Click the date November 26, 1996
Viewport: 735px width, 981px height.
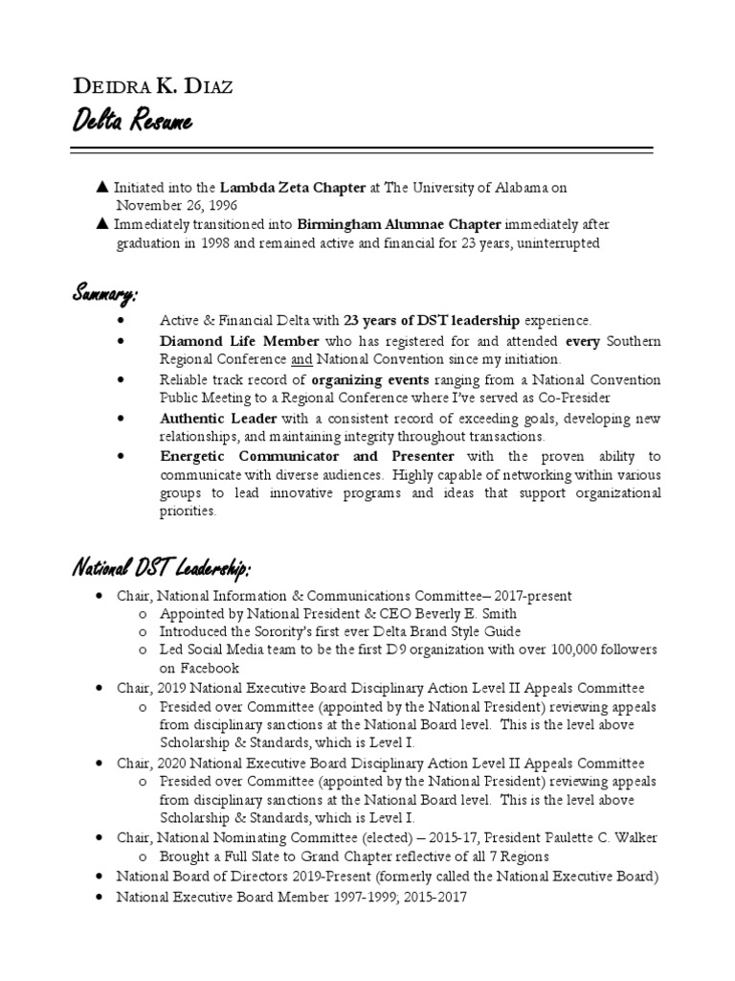pos(178,205)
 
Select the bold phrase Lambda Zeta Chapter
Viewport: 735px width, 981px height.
pos(294,188)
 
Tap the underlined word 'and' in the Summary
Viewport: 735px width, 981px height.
pos(302,359)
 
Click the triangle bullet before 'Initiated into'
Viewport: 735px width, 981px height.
pos(102,188)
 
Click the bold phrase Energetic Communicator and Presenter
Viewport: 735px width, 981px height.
pos(307,457)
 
